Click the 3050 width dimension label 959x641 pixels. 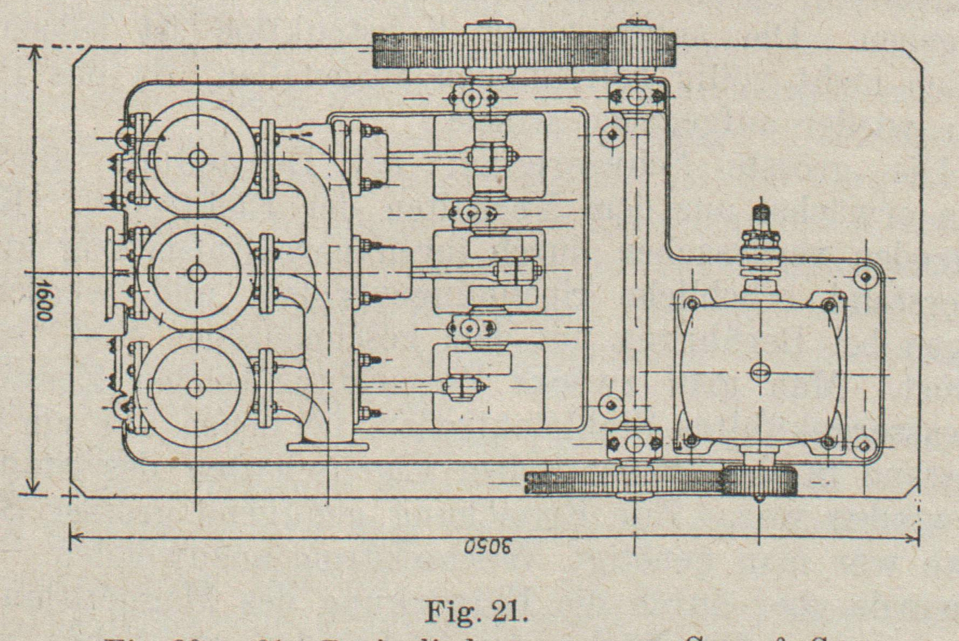tap(487, 546)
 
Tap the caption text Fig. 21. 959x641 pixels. tap(477, 611)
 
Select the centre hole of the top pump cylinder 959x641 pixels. tap(197, 158)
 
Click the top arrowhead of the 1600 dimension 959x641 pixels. tap(34, 52)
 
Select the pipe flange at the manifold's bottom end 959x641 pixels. tap(328, 446)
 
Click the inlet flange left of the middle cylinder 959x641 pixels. tap(112, 273)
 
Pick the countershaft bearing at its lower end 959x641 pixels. tap(635, 443)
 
